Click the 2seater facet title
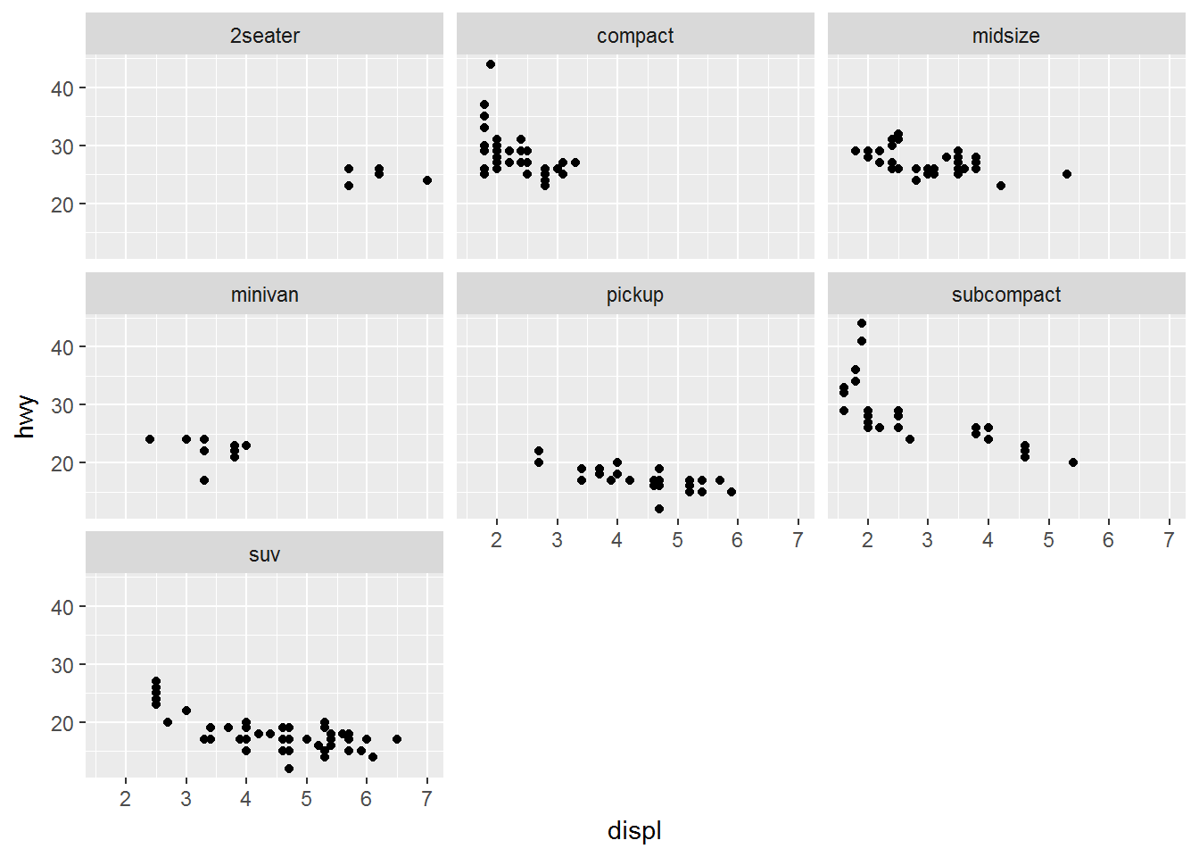264,36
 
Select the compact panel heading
635,36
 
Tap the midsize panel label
1005,36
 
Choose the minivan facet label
264,295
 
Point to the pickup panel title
635,295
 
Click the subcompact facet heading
1005,295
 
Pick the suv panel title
264,554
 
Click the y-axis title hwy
26,416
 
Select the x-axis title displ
634,830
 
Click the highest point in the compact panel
491,64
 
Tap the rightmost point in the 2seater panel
427,180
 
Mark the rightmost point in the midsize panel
1067,174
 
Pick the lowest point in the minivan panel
204,480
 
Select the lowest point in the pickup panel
659,509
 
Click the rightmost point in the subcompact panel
1073,462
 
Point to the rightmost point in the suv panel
397,739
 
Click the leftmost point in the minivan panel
150,439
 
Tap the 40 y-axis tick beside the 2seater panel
62,88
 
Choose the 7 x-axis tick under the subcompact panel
1169,540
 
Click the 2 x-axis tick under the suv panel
126,799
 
